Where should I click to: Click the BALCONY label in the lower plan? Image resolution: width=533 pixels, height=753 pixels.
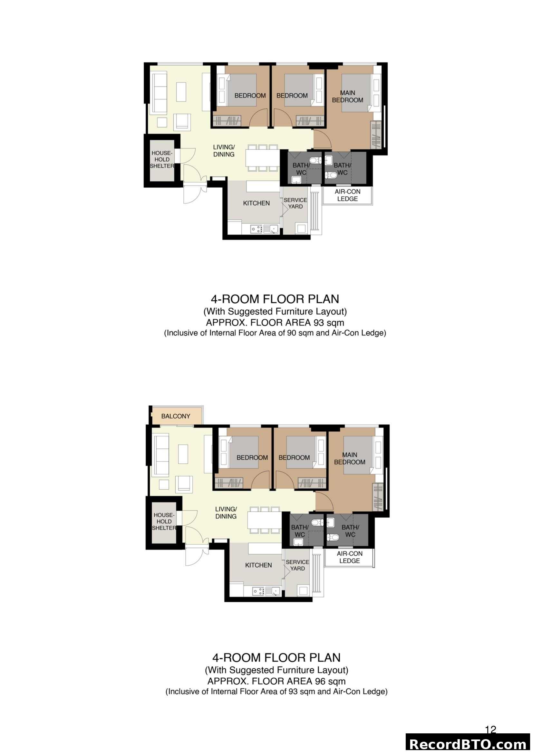[x=176, y=416]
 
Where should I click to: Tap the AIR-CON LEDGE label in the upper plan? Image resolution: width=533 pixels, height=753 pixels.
[x=347, y=195]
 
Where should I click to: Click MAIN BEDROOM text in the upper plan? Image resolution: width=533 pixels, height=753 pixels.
[x=347, y=97]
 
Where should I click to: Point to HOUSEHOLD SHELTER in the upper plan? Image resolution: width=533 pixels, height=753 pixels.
[x=162, y=159]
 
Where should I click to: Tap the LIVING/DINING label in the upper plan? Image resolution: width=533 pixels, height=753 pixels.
[x=224, y=151]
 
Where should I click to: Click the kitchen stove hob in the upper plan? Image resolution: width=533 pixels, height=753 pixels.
[x=256, y=229]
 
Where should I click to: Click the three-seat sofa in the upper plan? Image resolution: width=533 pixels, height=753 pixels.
[x=159, y=93]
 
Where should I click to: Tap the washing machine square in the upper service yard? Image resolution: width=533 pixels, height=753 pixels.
[x=301, y=229]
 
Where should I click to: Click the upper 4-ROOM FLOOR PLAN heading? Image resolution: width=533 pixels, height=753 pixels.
[x=275, y=299]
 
